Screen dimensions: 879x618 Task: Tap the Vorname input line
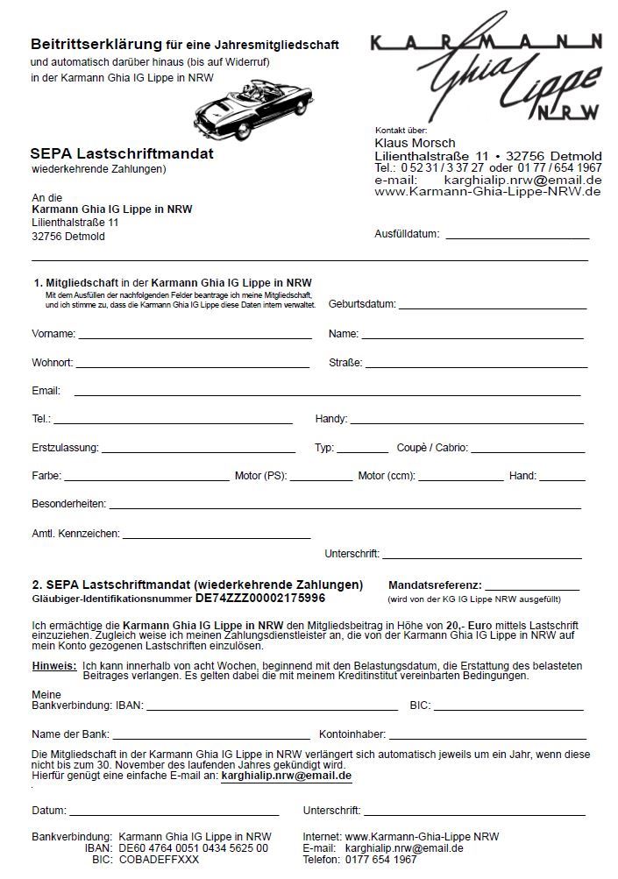coord(195,337)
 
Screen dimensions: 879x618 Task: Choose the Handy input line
coord(466,422)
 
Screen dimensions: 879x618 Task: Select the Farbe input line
coord(146,479)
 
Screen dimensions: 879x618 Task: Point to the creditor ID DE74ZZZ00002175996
coord(260,599)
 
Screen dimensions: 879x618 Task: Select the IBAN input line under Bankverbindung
coord(272,708)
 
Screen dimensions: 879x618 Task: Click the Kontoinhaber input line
coord(486,737)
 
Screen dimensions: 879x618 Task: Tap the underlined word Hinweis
coord(53,666)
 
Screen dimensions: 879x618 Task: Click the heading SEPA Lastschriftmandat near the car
coord(122,154)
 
